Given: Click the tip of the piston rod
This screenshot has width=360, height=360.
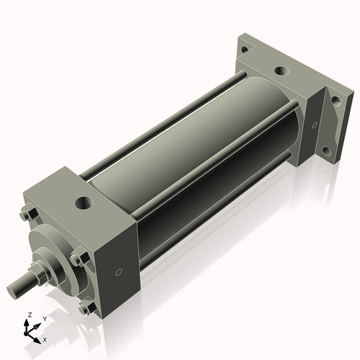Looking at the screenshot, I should point(13,292).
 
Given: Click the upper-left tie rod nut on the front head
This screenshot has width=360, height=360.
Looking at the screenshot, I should point(27,214).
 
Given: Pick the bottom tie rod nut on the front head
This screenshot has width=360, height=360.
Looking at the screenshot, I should point(86,307).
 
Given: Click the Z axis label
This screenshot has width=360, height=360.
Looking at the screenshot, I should point(28,315).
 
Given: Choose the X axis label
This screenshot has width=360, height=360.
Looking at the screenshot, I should point(45,338).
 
